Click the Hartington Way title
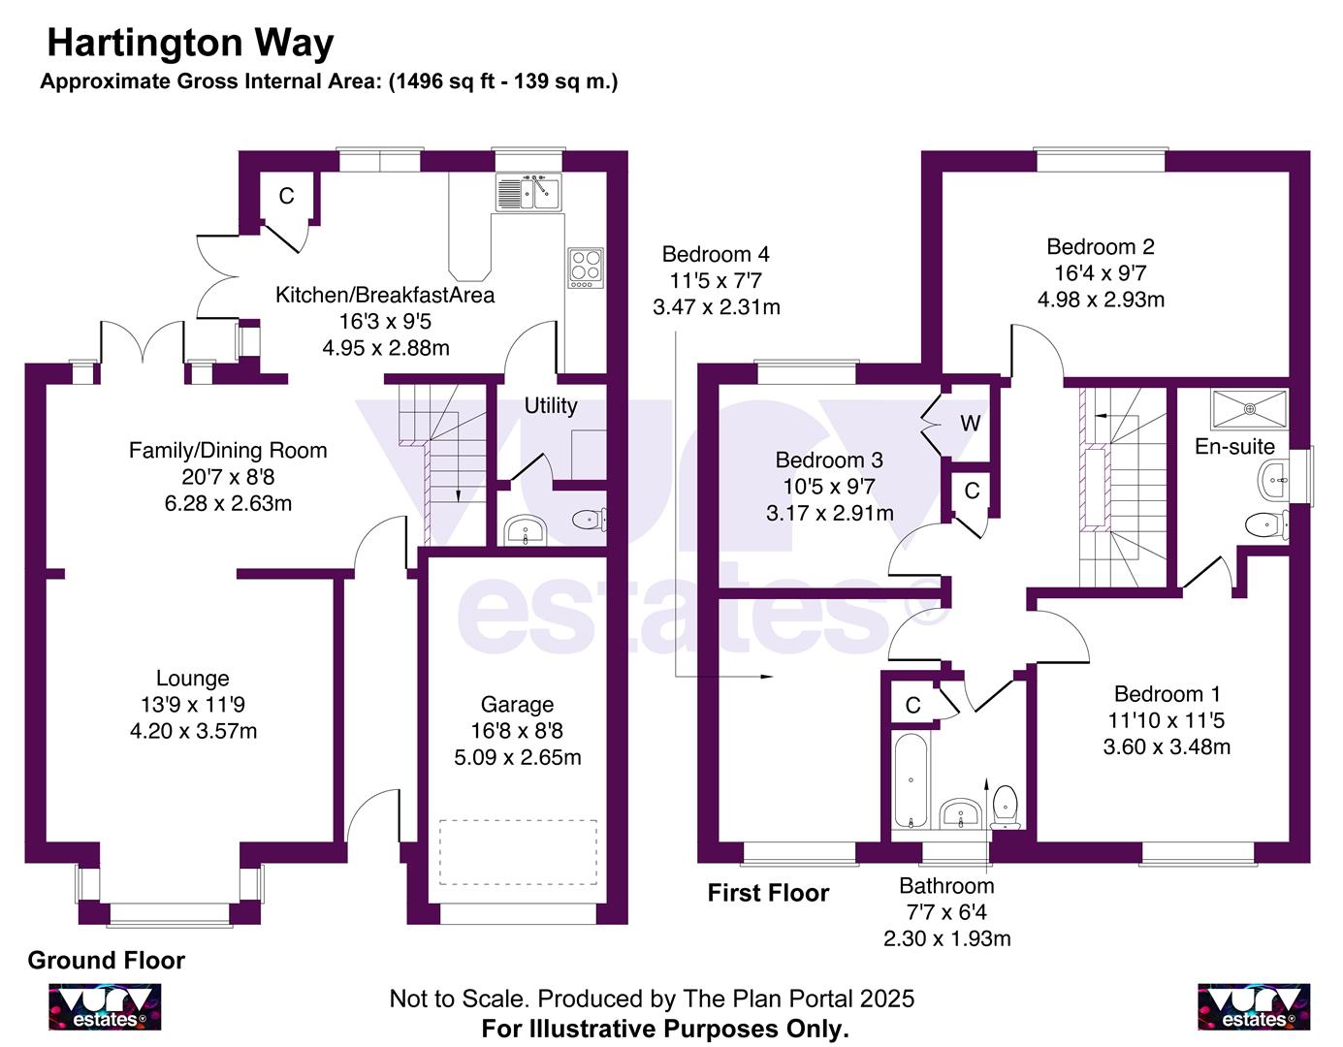point(190,43)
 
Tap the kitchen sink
point(528,192)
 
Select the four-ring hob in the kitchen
point(586,268)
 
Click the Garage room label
point(517,705)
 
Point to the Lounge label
point(193,679)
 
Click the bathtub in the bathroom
point(910,781)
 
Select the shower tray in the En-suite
point(1248,408)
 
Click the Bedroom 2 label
point(1101,247)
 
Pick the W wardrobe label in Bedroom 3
point(970,424)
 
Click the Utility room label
point(551,405)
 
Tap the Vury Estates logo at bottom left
point(106,1007)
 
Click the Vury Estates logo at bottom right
point(1254,1007)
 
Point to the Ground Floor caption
point(106,961)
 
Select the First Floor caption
point(768,893)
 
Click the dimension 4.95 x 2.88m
point(386,347)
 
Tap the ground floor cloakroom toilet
point(589,521)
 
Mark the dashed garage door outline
point(518,852)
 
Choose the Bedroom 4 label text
point(716,254)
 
